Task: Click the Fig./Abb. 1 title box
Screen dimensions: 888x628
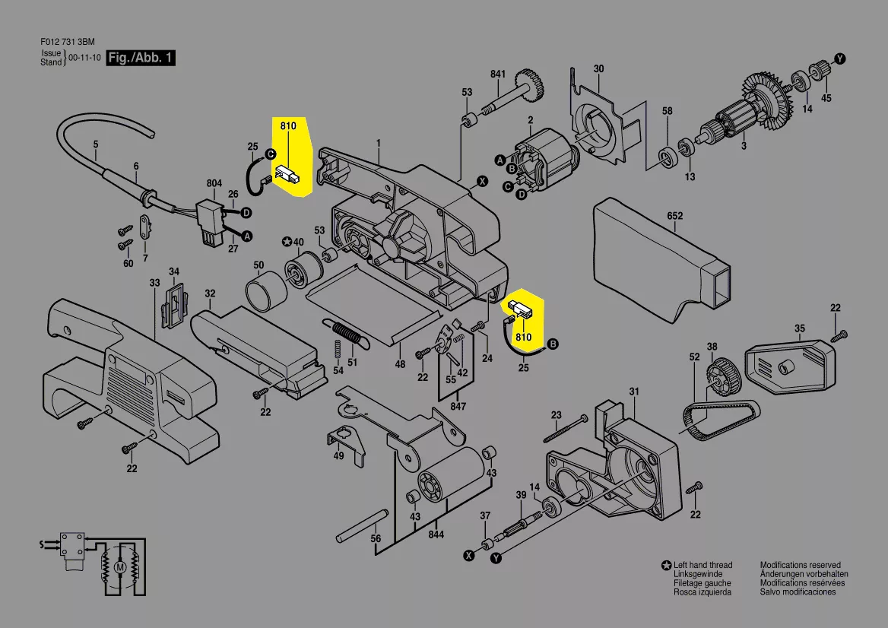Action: [141, 57]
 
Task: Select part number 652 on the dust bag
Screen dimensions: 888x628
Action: [675, 216]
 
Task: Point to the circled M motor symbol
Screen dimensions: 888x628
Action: [119, 567]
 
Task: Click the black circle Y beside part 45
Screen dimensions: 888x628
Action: [840, 59]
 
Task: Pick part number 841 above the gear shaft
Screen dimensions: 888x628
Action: [498, 75]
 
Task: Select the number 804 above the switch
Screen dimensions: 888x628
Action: [214, 183]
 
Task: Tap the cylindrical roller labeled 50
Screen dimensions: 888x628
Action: [266, 290]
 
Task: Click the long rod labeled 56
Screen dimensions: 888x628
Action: [361, 525]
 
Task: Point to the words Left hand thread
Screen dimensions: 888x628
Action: [702, 565]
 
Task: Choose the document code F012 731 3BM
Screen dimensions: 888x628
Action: [68, 42]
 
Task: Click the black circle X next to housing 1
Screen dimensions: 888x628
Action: [482, 182]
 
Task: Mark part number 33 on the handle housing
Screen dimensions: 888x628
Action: [154, 283]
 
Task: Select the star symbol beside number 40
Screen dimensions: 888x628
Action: [286, 243]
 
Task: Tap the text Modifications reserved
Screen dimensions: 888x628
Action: [801, 565]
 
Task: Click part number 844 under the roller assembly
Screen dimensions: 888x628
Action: [436, 534]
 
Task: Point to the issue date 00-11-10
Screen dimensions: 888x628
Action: [85, 58]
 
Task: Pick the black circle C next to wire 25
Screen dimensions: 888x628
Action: [271, 154]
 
